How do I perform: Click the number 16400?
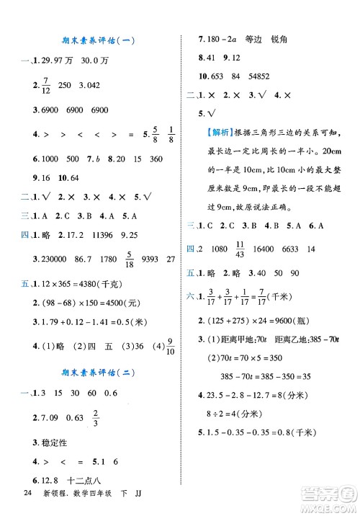click(277, 249)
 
